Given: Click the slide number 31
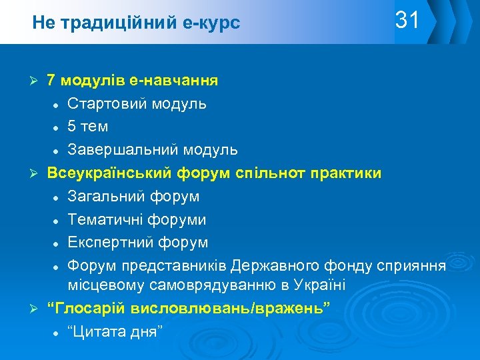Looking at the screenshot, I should point(407,21).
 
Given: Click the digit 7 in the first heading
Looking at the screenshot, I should point(51,81).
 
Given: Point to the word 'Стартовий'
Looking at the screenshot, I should point(107,104).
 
